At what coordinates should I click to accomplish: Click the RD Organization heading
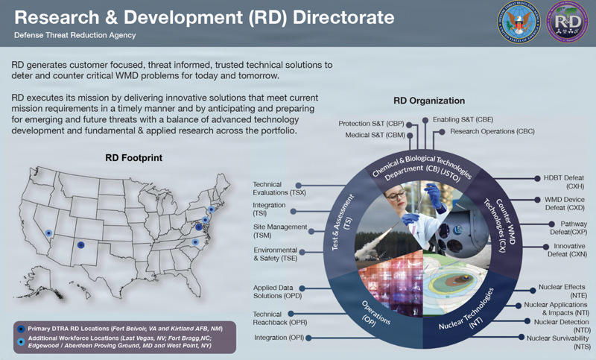[428, 101]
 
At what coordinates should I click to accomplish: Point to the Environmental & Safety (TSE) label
[273, 255]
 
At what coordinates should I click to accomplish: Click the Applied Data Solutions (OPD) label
[276, 291]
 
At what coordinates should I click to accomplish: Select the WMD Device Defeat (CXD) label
[563, 205]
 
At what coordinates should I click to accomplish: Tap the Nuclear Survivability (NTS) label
[559, 342]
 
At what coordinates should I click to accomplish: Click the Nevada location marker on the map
[48, 232]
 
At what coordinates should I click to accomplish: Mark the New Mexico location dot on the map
[80, 245]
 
